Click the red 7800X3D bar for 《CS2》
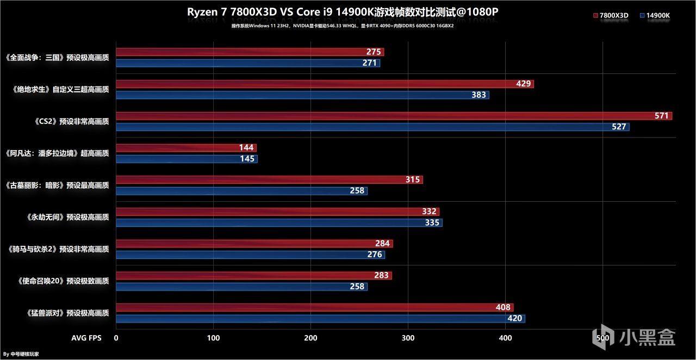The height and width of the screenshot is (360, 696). [x=381, y=116]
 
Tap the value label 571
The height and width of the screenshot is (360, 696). [x=661, y=116]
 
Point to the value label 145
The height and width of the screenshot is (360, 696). [x=247, y=159]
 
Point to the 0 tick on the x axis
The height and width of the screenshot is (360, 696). [x=116, y=338]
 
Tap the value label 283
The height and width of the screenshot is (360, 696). [x=381, y=276]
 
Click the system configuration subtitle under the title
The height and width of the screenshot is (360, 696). [x=343, y=26]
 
